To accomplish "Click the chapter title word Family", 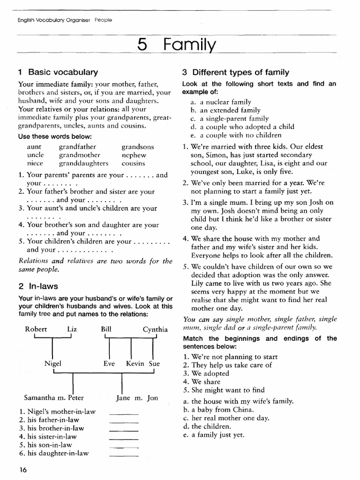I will (x=190, y=45).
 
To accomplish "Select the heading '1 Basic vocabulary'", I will (x=58, y=72).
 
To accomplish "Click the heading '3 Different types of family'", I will (x=235, y=72).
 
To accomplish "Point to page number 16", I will (x=23, y=470).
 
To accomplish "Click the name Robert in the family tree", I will (x=36, y=329).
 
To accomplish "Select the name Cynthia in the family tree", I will (x=155, y=329).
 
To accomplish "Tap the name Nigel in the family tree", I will (x=53, y=363).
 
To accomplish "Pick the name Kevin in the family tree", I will (x=135, y=363).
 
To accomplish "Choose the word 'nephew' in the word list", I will (x=134, y=155).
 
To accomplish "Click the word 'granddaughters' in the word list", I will (x=83, y=164).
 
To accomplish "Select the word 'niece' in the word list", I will (x=35, y=164).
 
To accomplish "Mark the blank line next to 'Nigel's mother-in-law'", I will (x=123, y=413).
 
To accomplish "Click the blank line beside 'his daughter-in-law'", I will (x=123, y=455).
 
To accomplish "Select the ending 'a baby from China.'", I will (x=223, y=410).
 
